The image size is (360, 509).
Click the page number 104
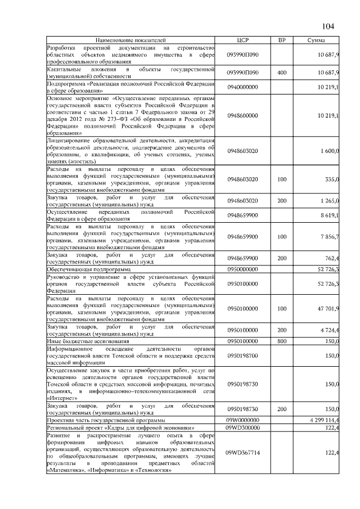pyautogui.click(x=328, y=26)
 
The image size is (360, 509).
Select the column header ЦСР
pyautogui.click(x=242, y=40)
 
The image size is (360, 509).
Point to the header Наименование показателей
pyautogui.click(x=131, y=40)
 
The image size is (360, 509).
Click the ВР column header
pyautogui.click(x=282, y=40)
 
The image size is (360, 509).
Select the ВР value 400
pyautogui.click(x=282, y=73)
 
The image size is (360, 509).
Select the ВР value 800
pyautogui.click(x=282, y=341)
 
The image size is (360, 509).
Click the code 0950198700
pyautogui.click(x=242, y=356)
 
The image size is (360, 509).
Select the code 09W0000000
pyautogui.click(x=242, y=420)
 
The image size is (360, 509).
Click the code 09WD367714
pyautogui.click(x=242, y=453)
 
